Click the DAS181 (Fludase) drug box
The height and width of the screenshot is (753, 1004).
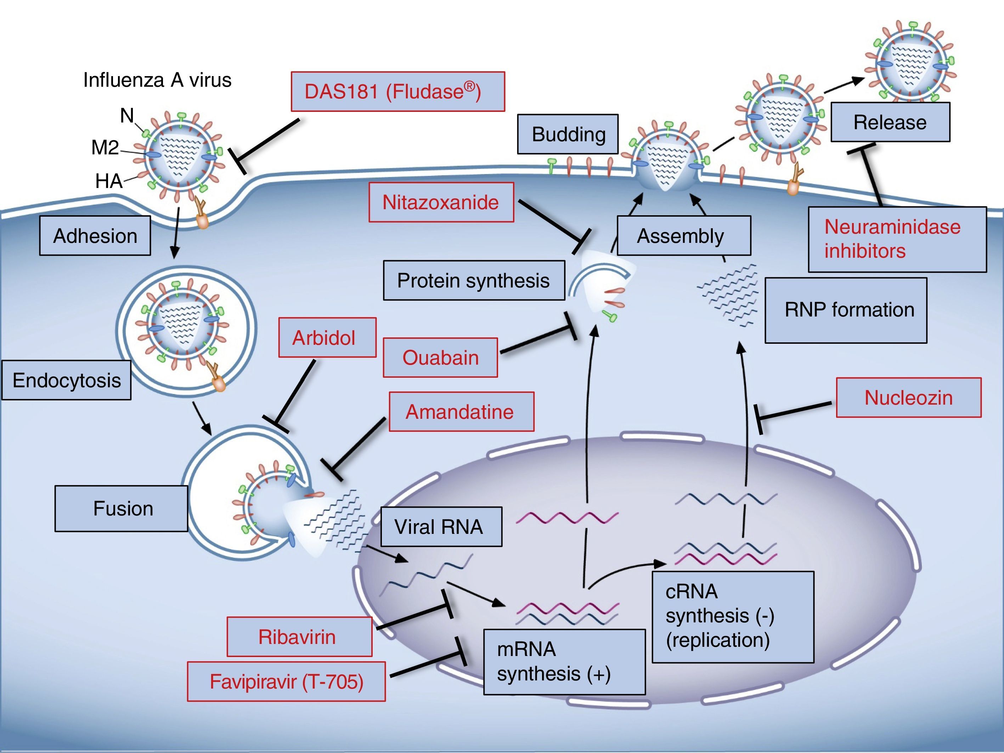(397, 92)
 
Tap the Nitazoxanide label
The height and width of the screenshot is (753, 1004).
(441, 202)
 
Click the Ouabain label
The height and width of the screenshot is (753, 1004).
(440, 358)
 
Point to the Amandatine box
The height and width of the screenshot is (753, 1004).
(461, 411)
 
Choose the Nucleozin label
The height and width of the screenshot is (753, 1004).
(908, 397)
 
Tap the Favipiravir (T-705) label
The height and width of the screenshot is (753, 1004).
(286, 681)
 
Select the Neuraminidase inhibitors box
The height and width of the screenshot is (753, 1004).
(897, 239)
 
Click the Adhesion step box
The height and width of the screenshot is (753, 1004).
(95, 235)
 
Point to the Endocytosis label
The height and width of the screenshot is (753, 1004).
(66, 380)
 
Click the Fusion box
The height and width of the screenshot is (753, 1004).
(122, 508)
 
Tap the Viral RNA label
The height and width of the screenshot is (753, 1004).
(441, 527)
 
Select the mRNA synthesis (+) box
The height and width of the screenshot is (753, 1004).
(564, 661)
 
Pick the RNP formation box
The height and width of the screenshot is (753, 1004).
(846, 310)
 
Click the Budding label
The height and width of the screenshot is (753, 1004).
(568, 134)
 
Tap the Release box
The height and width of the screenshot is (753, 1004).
(890, 122)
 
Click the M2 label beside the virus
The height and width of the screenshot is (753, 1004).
(105, 147)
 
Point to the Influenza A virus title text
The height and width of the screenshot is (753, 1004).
(157, 80)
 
